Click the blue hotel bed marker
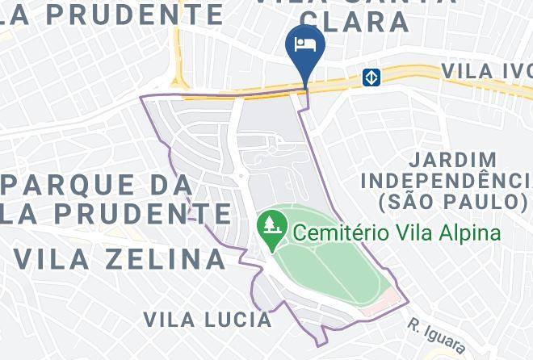[306, 44]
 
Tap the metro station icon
[371, 77]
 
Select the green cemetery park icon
[270, 224]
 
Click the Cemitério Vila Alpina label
[396, 234]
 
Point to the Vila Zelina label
[120, 259]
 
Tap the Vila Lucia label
[208, 319]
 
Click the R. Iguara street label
[435, 336]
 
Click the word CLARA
[371, 22]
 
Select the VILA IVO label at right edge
[485, 71]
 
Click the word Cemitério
[342, 234]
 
